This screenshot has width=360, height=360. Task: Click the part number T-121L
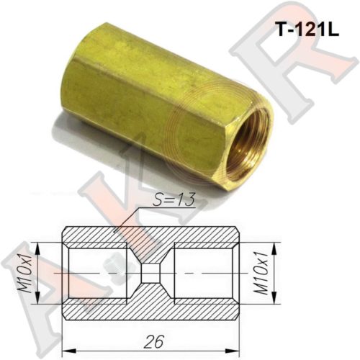tap(308, 30)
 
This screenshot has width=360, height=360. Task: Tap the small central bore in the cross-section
tap(150, 273)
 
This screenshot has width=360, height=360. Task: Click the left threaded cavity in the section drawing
tap(97, 273)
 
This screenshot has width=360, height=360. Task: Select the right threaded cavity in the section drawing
tap(203, 273)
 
